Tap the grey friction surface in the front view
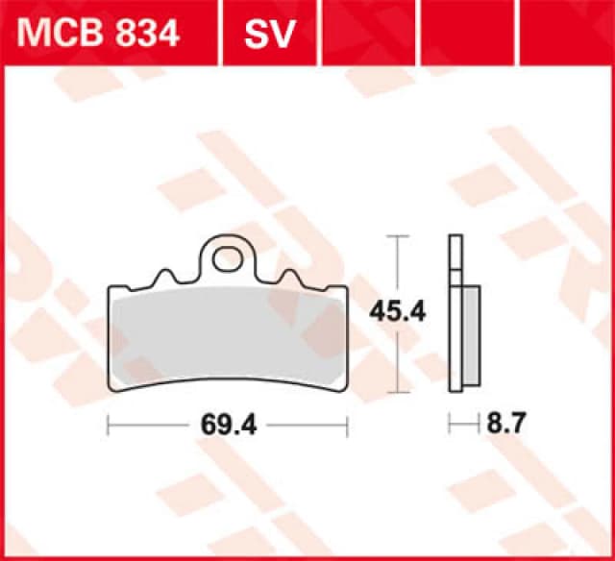click(228, 331)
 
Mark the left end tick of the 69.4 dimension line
click(108, 423)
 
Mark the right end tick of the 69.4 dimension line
click(347, 423)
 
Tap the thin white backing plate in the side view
click(454, 317)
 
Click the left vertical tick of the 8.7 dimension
click(450, 423)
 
